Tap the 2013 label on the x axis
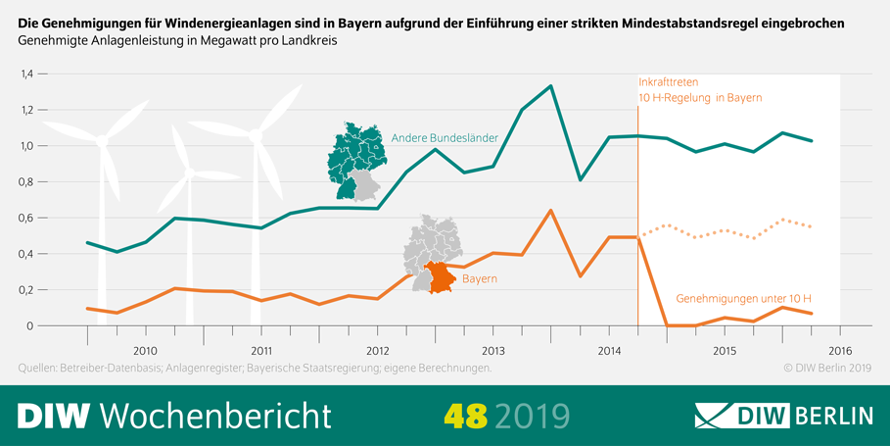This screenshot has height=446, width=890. pyautogui.click(x=492, y=350)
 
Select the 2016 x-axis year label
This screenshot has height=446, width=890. pyautogui.click(x=840, y=350)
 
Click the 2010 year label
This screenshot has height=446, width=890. pyautogui.click(x=145, y=350)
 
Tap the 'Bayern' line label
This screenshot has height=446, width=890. pyautogui.click(x=479, y=279)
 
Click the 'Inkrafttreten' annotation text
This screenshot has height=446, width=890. pyautogui.click(x=668, y=82)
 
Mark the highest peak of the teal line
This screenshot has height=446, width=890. pyautogui.click(x=551, y=86)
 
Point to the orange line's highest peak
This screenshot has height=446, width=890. pyautogui.click(x=551, y=211)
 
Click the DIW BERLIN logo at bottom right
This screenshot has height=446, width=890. pyautogui.click(x=783, y=416)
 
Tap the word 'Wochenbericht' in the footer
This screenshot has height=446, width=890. pyautogui.click(x=215, y=416)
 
